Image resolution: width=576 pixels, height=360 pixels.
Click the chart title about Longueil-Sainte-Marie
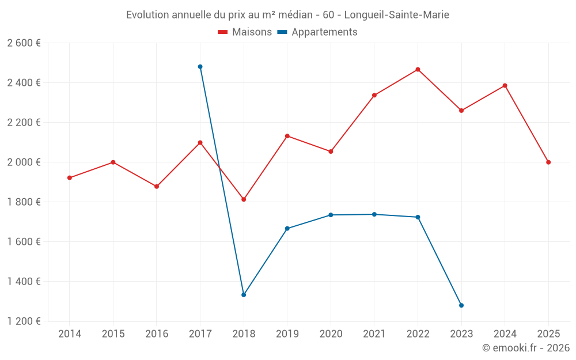click(287, 15)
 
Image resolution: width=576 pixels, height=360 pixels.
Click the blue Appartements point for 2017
click(200, 67)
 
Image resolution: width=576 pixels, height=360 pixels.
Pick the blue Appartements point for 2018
click(244, 295)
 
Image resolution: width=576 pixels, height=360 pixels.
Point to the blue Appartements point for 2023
click(461, 305)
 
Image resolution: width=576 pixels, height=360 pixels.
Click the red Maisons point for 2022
click(418, 70)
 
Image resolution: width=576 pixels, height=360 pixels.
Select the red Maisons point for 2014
click(70, 178)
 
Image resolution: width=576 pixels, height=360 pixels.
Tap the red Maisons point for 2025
click(548, 162)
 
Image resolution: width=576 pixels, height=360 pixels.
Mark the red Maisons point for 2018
click(244, 199)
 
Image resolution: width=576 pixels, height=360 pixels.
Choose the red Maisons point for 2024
click(505, 86)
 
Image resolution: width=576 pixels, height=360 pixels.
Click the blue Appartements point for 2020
click(331, 215)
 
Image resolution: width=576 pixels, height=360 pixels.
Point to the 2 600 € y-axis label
click(24, 43)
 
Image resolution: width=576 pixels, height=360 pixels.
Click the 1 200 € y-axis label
click(24, 321)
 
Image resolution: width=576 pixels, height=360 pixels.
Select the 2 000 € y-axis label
click(24, 162)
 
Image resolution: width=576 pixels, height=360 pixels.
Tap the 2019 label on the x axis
click(287, 334)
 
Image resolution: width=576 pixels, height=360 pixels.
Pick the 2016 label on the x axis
click(157, 334)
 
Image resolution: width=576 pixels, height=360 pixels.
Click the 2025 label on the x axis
click(548, 334)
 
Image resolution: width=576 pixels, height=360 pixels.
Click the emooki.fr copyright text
click(525, 348)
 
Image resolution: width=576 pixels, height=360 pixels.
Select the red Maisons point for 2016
click(157, 187)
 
